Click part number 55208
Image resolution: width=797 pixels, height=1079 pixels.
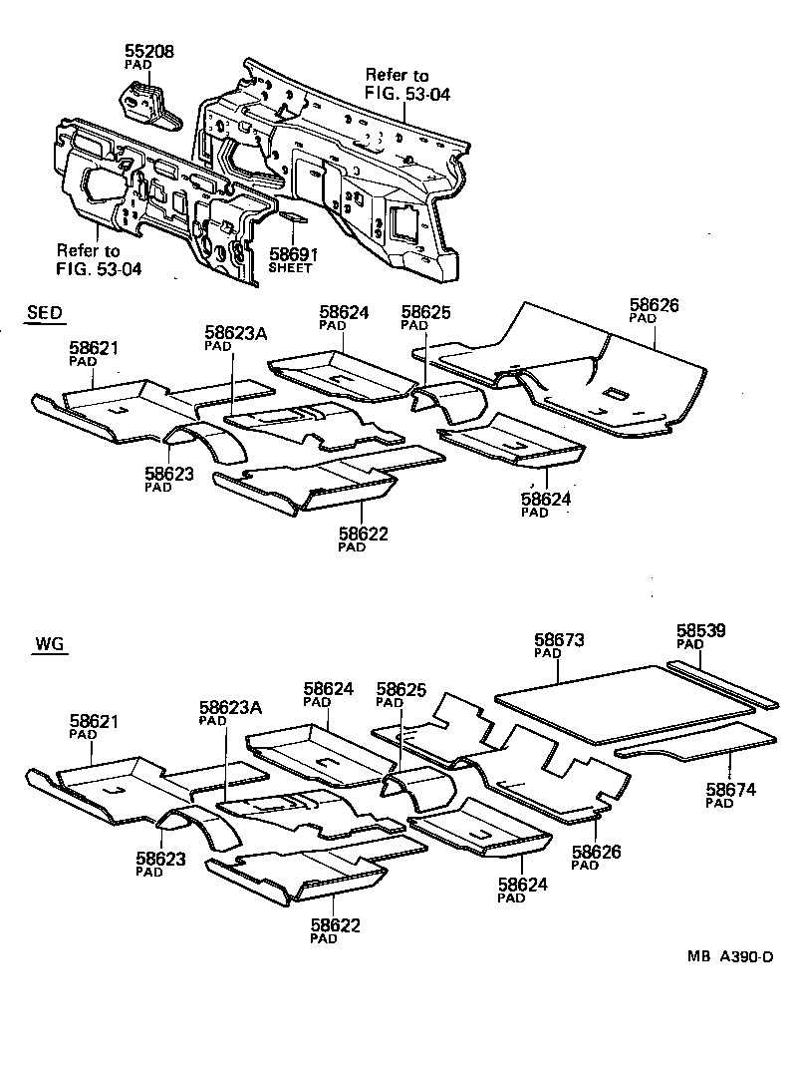point(149,50)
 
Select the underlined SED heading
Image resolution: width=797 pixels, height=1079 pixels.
point(44,313)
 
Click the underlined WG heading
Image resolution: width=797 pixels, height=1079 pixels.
point(49,644)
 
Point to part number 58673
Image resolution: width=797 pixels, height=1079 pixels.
point(559,640)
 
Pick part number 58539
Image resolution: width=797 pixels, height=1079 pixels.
point(701,631)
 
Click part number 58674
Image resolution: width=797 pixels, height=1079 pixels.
point(731,790)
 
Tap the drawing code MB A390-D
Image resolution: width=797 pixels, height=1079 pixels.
point(729,957)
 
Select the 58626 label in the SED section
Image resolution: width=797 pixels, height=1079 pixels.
point(655,304)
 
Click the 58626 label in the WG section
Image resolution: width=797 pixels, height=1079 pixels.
point(597,852)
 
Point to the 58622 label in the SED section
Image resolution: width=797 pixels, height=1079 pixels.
point(363,534)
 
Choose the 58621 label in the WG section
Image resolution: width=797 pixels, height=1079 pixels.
point(95,721)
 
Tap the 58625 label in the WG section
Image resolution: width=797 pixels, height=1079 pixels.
point(401,689)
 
